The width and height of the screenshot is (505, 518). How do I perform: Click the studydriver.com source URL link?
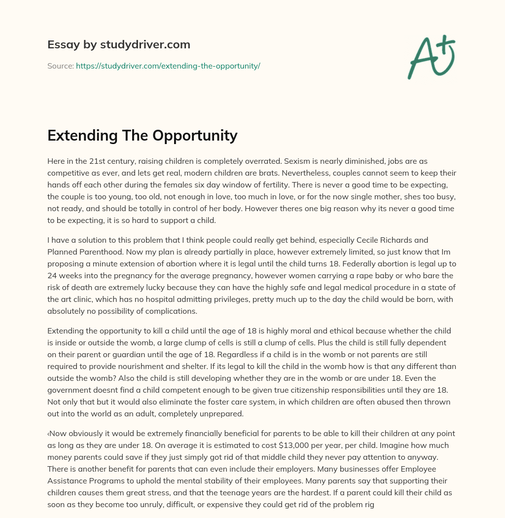pos(168,66)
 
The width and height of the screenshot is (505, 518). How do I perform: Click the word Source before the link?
pos(60,66)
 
